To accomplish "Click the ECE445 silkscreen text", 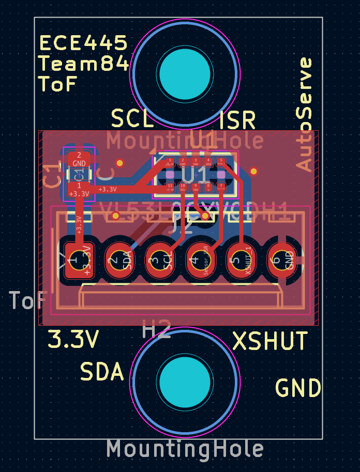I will tap(83, 43).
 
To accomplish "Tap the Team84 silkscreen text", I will tap(83, 64).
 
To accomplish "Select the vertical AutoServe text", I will tap(305, 114).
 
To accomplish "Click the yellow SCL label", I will tap(133, 119).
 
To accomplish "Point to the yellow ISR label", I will tap(237, 120).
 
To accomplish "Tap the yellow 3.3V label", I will tap(73, 340).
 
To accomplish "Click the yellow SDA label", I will tap(102, 371).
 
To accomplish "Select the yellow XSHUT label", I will tap(270, 341).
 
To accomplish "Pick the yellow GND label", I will tap(298, 388).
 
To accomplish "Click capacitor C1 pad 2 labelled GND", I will tap(79, 159).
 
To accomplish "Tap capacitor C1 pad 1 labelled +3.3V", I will tap(79, 189).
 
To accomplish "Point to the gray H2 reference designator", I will tap(157, 330).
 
